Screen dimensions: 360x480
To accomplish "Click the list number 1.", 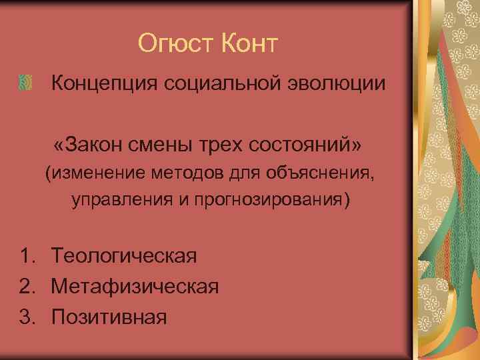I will [27, 256].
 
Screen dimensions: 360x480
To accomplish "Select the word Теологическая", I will [124, 256].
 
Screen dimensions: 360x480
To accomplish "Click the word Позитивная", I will [109, 315].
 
